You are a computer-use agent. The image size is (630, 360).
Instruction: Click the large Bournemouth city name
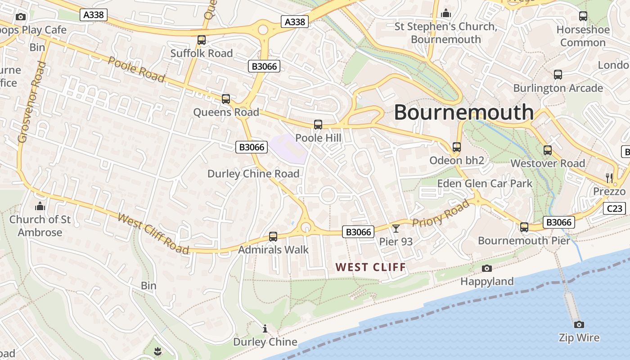click(x=463, y=112)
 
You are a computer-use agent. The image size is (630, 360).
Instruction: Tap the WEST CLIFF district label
click(x=371, y=267)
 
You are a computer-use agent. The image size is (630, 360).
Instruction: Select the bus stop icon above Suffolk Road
click(x=202, y=40)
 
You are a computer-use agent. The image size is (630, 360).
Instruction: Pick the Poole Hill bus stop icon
click(x=318, y=125)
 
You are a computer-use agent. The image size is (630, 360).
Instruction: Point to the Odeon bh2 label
click(x=456, y=161)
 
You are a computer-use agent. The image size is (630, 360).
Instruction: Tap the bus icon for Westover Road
click(x=548, y=150)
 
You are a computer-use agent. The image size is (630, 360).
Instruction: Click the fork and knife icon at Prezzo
click(x=609, y=178)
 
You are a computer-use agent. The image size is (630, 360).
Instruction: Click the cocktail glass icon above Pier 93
click(x=396, y=229)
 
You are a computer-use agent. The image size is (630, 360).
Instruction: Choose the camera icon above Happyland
click(x=486, y=269)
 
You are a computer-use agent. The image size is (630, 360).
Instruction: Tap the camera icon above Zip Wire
click(x=579, y=324)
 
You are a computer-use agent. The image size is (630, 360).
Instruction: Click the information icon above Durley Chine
click(x=265, y=329)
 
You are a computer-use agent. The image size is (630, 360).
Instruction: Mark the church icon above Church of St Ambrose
click(x=40, y=207)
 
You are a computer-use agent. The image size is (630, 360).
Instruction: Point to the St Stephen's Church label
click(x=445, y=33)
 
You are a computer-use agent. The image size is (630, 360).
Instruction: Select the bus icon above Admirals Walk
click(x=273, y=236)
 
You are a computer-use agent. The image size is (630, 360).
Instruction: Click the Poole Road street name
click(x=136, y=69)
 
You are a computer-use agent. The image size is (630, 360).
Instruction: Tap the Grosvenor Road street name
click(x=32, y=103)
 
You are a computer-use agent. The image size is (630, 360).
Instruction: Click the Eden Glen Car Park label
click(x=485, y=184)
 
